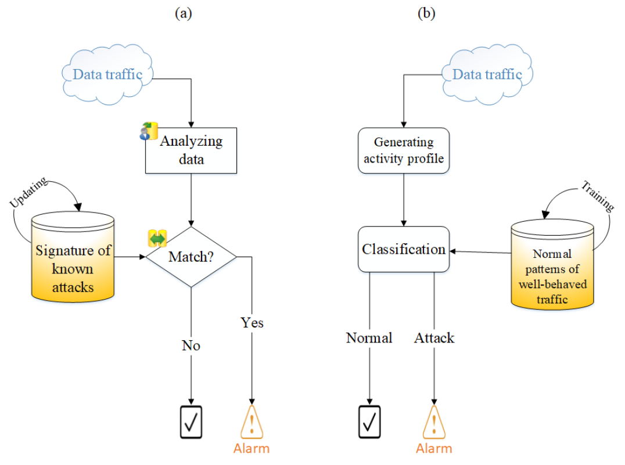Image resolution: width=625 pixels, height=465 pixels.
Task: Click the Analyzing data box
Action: pos(191,150)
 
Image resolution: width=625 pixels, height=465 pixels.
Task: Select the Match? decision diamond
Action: pos(191,256)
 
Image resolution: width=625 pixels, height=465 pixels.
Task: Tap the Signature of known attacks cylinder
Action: pos(73,261)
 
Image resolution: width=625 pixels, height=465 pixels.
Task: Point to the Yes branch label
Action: pos(252,322)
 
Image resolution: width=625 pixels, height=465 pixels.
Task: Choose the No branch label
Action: pos(191,345)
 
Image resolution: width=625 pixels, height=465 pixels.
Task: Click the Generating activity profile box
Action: pos(404,150)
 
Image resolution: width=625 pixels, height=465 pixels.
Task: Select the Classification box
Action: pos(404,249)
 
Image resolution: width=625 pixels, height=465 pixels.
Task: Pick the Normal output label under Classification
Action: pos(369,337)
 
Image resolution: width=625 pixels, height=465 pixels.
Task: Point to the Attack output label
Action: pos(434,337)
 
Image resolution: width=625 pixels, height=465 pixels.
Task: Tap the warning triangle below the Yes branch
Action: pos(252,422)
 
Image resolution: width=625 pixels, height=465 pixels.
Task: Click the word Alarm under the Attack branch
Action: pos(434,448)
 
